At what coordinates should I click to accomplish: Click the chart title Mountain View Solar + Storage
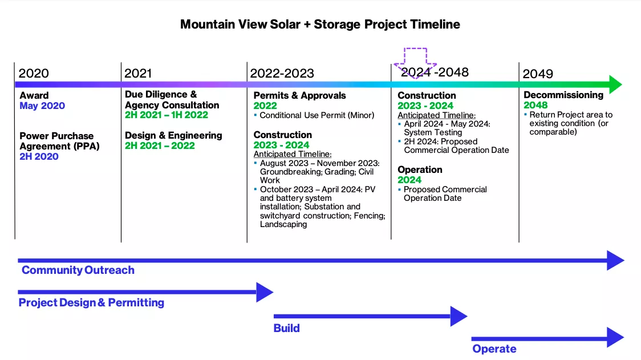(x=320, y=25)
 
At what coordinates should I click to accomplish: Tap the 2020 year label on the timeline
(x=34, y=74)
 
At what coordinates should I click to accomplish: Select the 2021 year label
(x=138, y=74)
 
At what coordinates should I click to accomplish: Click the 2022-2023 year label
(x=282, y=74)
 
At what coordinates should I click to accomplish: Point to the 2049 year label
(x=538, y=74)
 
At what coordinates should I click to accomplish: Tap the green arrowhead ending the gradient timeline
(x=614, y=84)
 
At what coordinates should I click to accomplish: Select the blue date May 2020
(x=42, y=106)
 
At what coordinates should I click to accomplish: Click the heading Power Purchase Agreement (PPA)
(x=56, y=141)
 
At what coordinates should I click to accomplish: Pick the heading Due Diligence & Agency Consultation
(x=172, y=100)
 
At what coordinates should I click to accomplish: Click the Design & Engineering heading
(x=173, y=136)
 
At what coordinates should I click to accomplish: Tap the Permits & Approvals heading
(x=299, y=95)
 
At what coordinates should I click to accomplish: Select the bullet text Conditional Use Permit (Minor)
(x=317, y=115)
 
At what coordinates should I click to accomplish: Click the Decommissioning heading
(x=563, y=95)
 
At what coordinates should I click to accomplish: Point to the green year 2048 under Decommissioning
(x=535, y=105)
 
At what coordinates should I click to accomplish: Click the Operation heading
(x=420, y=169)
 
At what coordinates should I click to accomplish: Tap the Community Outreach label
(x=78, y=270)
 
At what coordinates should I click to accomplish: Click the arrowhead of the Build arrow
(x=459, y=316)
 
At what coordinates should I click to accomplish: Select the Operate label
(x=494, y=349)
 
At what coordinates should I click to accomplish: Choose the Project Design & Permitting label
(x=91, y=303)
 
